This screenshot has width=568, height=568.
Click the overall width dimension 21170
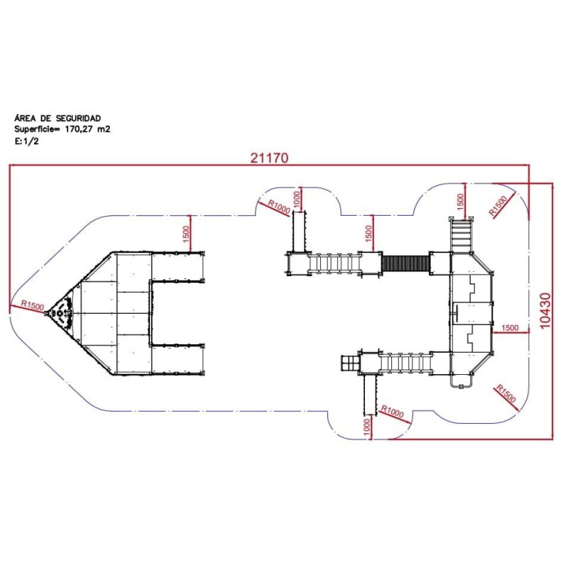[x=270, y=158]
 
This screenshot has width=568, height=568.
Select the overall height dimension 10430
[x=545, y=310]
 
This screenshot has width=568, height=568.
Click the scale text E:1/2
[x=26, y=141]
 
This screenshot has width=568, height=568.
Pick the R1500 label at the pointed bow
[x=32, y=305]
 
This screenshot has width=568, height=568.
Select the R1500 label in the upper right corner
[x=498, y=206]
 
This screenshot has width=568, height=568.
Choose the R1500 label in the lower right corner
[x=506, y=394]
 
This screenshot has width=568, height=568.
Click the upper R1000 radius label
[x=279, y=207]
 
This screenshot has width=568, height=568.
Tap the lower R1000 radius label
[x=393, y=412]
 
